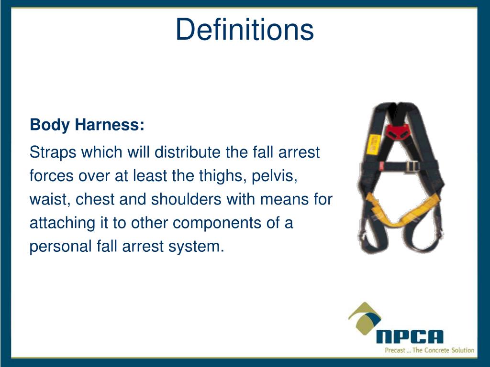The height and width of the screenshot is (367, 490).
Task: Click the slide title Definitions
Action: pyautogui.click(x=245, y=29)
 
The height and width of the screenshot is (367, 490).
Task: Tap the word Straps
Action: pyautogui.click(x=52, y=153)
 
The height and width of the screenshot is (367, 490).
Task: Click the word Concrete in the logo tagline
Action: pyautogui.click(x=434, y=350)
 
